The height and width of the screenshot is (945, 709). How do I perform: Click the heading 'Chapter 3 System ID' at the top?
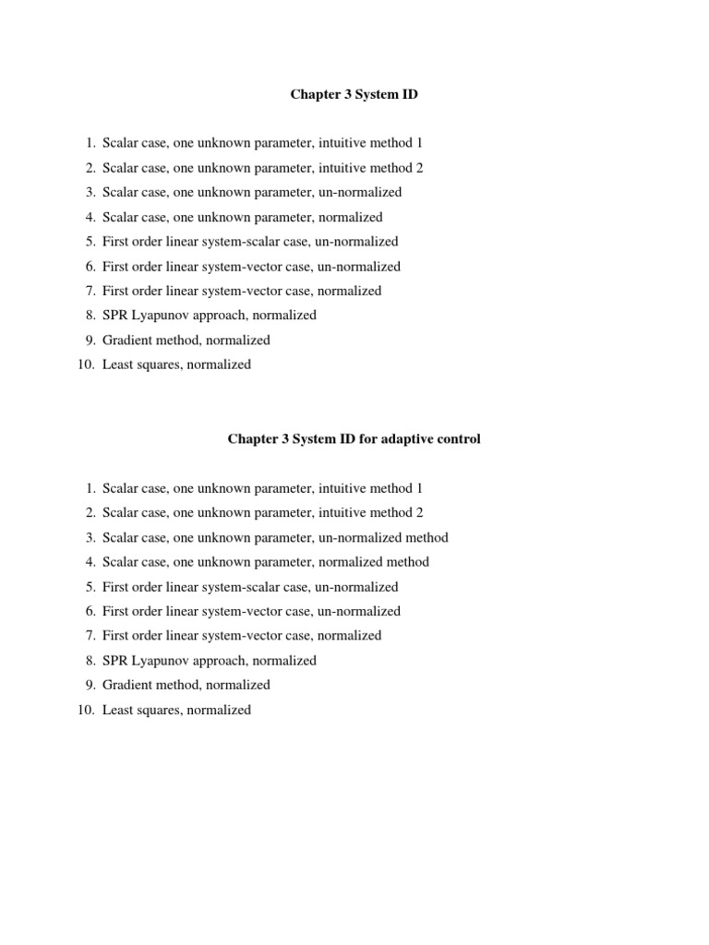click(x=354, y=95)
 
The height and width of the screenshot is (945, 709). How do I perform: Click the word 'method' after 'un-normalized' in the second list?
click(x=427, y=537)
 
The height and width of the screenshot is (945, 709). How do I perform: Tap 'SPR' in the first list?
click(x=115, y=315)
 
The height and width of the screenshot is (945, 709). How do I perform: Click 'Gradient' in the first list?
click(x=126, y=340)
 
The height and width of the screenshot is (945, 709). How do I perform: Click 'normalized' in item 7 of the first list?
click(x=349, y=291)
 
